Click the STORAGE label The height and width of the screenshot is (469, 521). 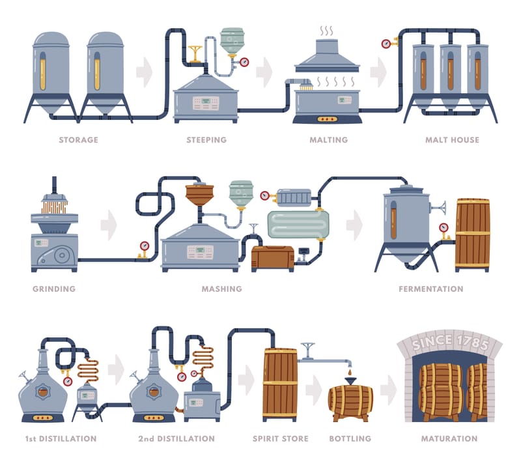[78, 139]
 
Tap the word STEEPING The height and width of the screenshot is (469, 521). [206, 139]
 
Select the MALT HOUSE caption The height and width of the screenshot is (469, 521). [451, 139]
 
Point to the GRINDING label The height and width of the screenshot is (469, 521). [53, 289]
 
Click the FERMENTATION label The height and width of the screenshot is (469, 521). [430, 289]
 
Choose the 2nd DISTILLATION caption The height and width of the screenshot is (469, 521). [176, 438]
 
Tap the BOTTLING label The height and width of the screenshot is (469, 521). [350, 438]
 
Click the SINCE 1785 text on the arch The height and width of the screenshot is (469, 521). [449, 341]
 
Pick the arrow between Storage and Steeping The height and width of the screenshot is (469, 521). [144, 72]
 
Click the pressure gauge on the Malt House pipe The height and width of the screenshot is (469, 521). [386, 44]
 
